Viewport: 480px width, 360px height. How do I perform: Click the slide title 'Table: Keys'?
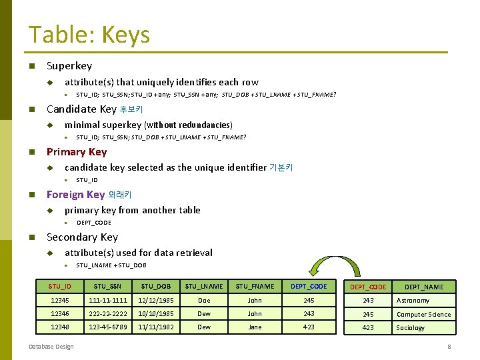click(89, 35)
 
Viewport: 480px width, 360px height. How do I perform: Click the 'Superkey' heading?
click(69, 66)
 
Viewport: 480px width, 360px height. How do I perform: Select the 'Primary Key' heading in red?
click(77, 152)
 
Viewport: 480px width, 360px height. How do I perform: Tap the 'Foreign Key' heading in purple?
click(75, 195)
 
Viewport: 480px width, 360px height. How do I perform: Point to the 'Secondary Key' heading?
click(82, 237)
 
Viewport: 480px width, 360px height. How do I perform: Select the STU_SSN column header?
click(106, 287)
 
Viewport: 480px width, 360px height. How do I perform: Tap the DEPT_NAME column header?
click(424, 287)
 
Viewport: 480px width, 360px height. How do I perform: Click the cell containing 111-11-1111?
click(106, 301)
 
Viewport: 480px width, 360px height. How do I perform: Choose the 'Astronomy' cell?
click(413, 301)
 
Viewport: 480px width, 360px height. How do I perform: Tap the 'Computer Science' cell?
click(423, 315)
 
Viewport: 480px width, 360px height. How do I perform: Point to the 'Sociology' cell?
click(411, 328)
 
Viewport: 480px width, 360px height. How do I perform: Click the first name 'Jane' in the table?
click(255, 327)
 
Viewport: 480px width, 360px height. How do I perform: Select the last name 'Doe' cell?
click(204, 301)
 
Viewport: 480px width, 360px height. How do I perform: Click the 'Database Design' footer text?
click(51, 347)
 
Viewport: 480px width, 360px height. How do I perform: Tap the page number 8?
click(449, 347)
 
